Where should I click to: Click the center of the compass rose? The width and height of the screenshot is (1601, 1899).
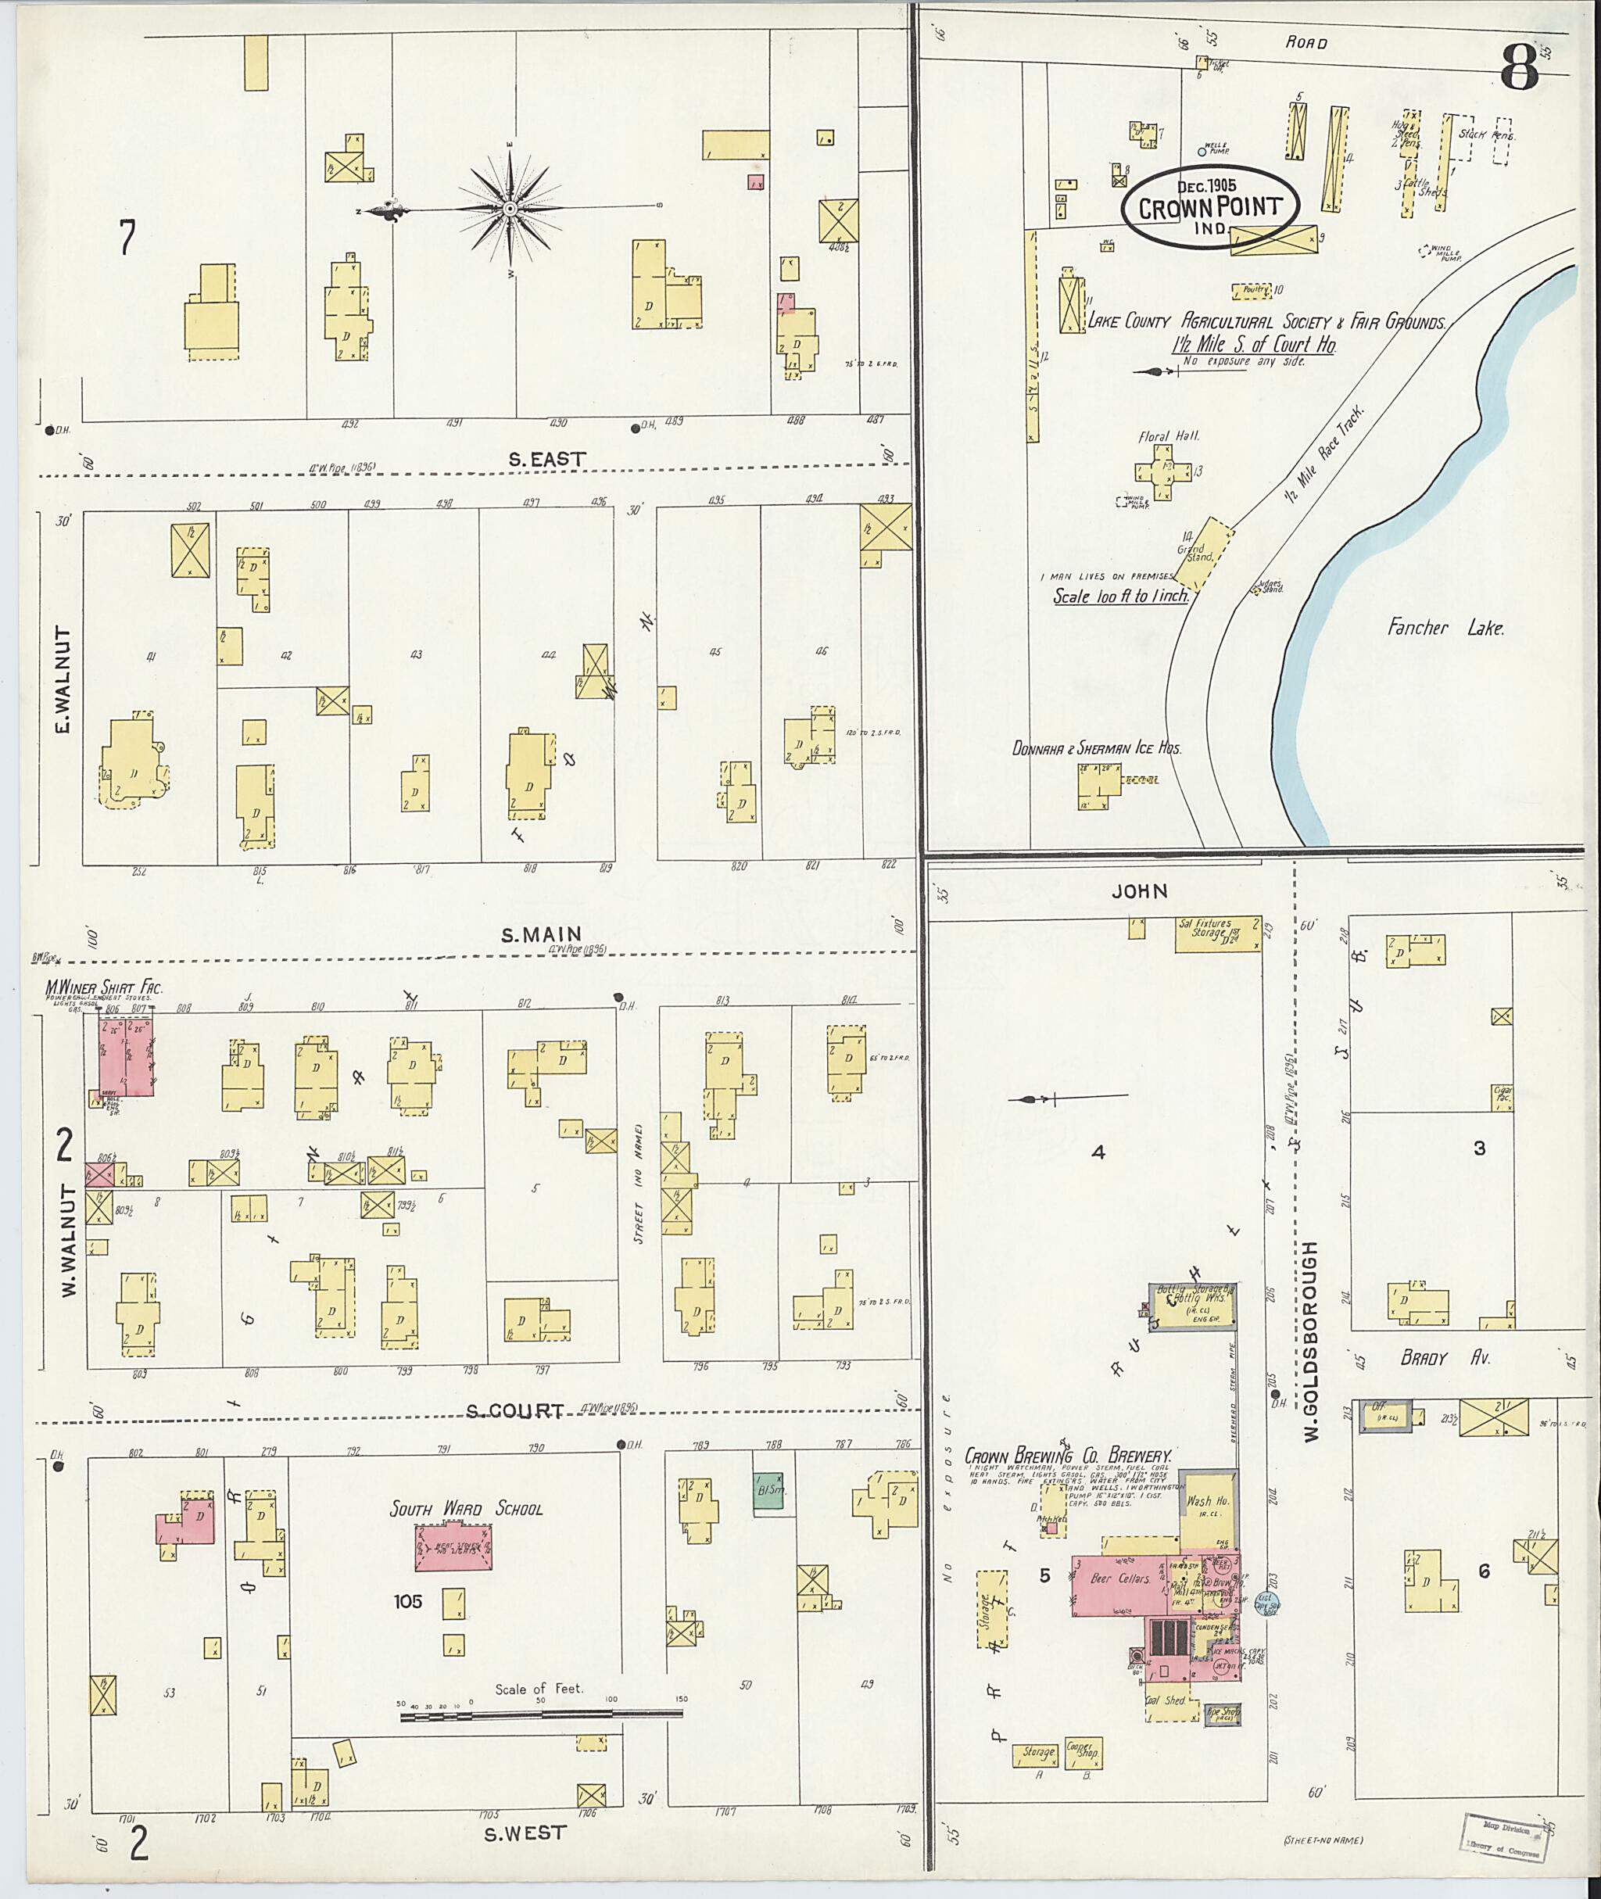pos(510,210)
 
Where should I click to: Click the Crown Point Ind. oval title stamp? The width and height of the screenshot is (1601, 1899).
pos(1210,207)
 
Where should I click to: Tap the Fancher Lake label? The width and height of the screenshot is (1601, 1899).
pos(1445,627)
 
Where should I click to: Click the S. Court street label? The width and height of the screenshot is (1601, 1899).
pos(514,1411)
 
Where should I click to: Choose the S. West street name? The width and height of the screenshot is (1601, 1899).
pos(524,1833)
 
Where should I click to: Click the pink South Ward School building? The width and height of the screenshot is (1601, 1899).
pos(453,1546)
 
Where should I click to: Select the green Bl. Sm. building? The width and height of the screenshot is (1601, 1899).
pos(767,1492)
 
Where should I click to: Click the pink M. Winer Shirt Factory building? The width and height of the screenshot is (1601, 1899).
pos(125,1055)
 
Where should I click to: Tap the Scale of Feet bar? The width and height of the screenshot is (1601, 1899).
pos(541,1714)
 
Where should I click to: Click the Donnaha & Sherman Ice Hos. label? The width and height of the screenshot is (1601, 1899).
pos(1096,749)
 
